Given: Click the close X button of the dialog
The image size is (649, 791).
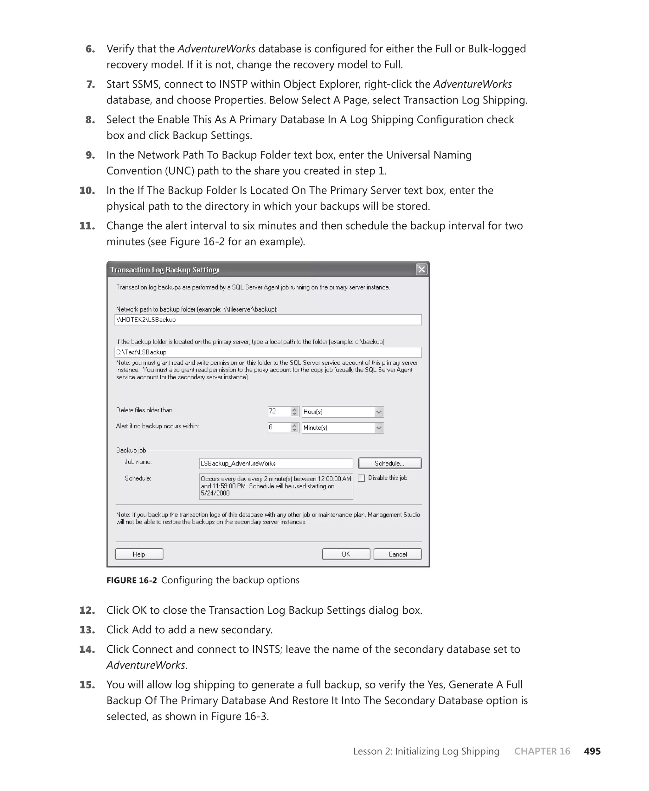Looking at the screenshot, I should [x=421, y=269].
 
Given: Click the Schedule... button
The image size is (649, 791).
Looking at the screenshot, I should [x=389, y=463].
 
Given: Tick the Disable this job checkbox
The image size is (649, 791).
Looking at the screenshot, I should [x=362, y=478].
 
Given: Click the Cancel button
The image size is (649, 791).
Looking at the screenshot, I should [x=397, y=554].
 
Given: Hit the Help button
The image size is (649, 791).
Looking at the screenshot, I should [x=139, y=554].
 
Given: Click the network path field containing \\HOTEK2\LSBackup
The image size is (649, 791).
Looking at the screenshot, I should [x=268, y=320].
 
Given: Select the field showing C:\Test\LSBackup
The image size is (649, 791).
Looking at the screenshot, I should [x=268, y=352].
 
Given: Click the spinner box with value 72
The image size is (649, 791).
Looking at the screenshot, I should [x=279, y=412].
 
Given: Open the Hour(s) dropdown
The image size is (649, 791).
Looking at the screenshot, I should [x=379, y=412].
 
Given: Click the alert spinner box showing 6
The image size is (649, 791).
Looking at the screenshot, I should [x=279, y=427].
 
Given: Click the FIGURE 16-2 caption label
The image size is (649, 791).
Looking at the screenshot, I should [x=132, y=580].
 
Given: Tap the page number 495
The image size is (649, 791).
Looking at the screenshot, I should [x=592, y=751].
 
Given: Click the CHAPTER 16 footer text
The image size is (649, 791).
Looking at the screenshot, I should [x=542, y=751].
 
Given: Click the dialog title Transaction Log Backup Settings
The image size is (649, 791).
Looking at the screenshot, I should [x=165, y=270].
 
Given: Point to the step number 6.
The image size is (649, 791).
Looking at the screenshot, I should [x=90, y=49].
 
